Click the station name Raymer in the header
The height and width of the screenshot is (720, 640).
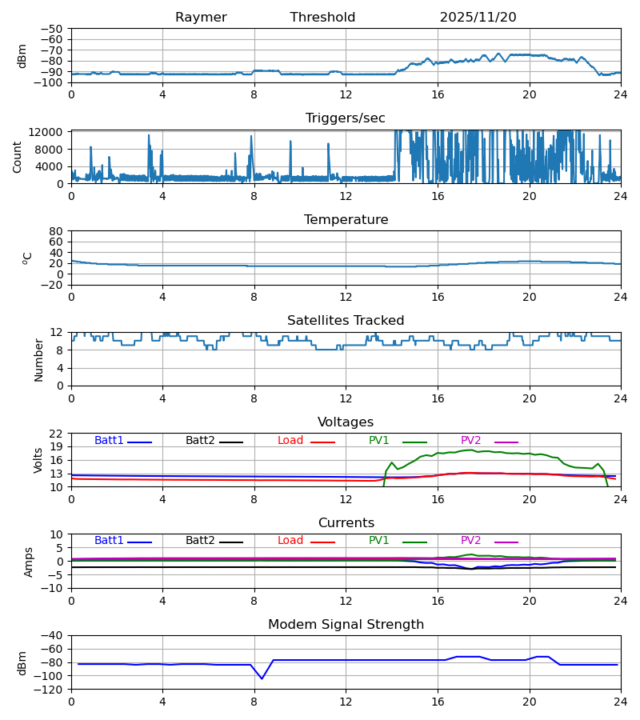pos(201,18)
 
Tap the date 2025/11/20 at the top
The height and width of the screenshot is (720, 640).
pos(478,18)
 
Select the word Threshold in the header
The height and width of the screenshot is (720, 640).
pos(322,18)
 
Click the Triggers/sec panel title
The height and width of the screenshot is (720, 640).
pos(346,118)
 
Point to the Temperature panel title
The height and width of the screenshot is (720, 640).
pos(346,220)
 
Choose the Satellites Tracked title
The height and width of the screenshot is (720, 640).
pos(346,321)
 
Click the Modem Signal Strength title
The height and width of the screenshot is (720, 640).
pos(346,625)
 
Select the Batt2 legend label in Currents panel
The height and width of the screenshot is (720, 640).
pos(200,541)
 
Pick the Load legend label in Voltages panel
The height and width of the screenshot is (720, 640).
pos(290,441)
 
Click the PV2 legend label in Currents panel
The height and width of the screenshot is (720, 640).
pos(470,541)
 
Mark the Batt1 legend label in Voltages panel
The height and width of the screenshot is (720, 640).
pos(109,441)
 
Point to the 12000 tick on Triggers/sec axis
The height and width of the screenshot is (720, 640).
pos(48,132)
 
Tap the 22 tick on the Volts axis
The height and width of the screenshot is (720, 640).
pos(57,434)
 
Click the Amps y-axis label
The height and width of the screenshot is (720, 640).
pos(28,562)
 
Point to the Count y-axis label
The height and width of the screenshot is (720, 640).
pos(18,157)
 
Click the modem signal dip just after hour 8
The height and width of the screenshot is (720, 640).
pos(262,678)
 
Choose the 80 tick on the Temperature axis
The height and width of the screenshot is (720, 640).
pos(57,231)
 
